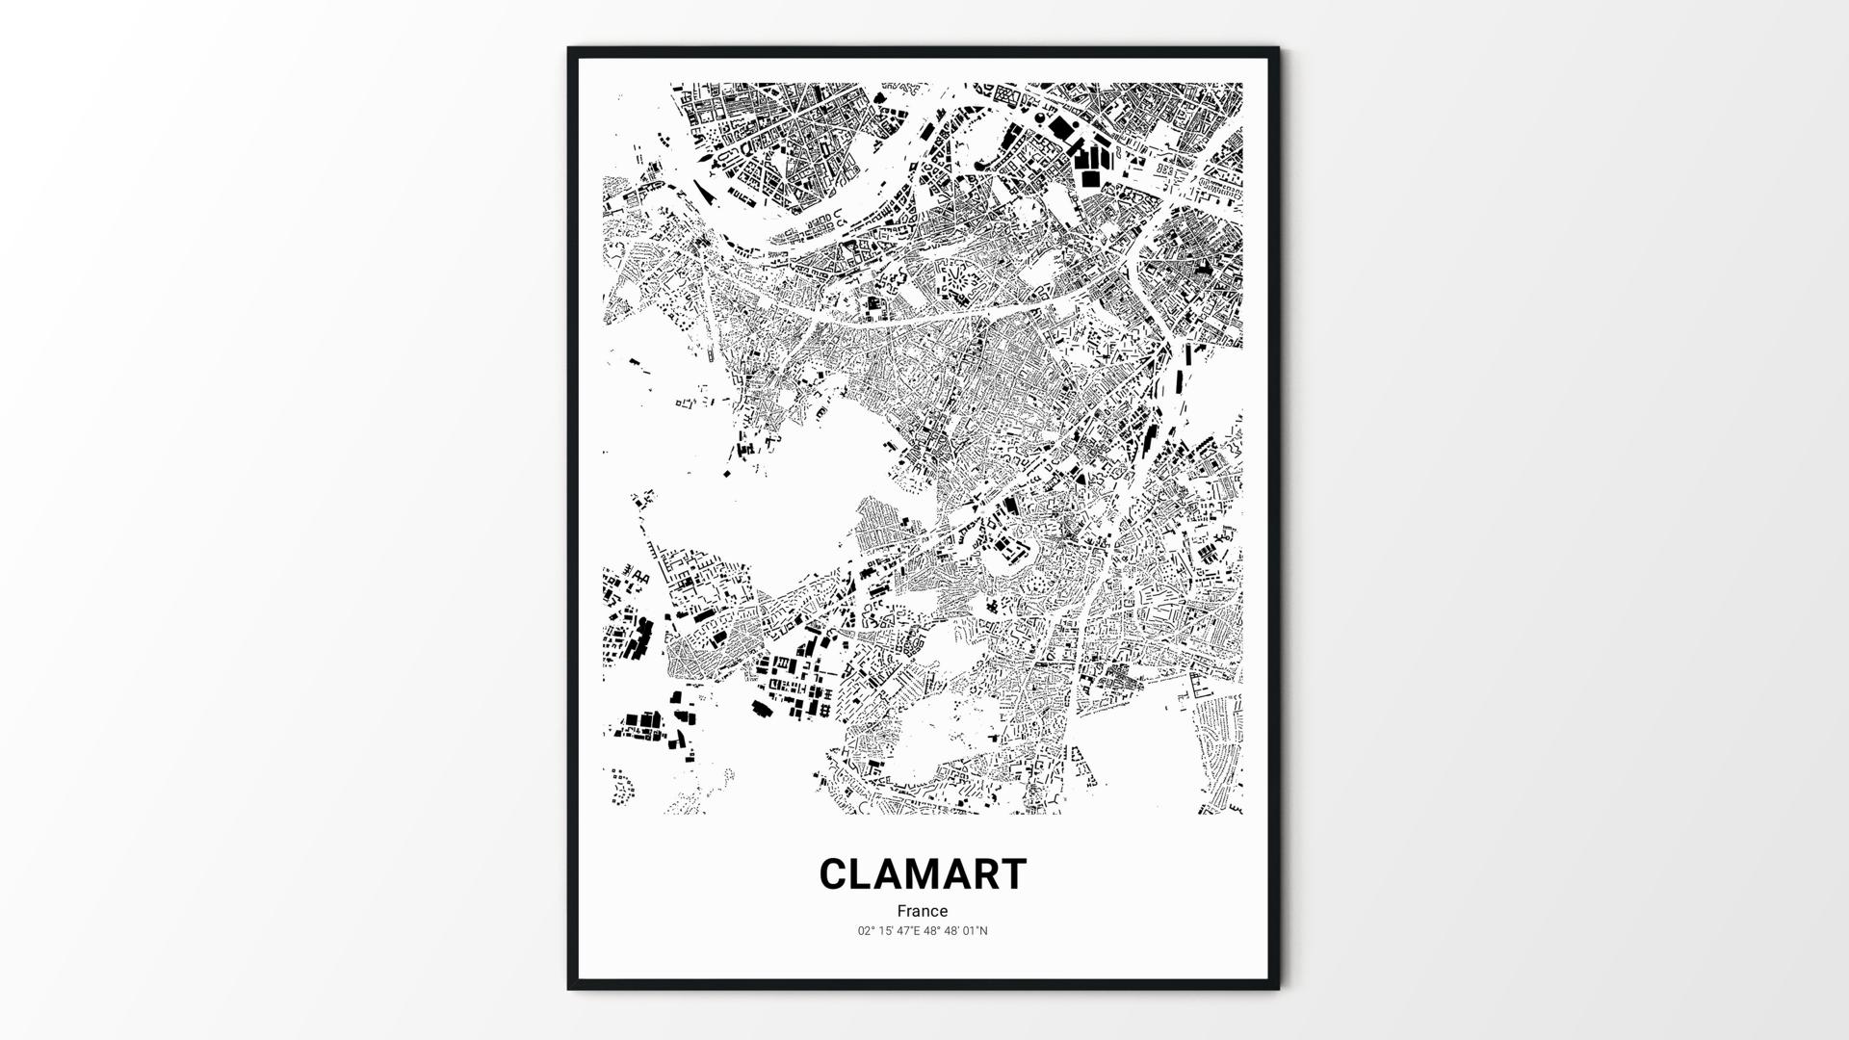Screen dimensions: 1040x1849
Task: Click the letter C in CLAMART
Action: (835, 874)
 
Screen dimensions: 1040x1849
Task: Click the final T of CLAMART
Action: (1014, 874)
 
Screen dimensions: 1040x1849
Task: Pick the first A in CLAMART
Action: (892, 874)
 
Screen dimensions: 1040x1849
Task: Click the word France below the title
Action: (923, 911)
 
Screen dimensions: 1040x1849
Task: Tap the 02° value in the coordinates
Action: (866, 931)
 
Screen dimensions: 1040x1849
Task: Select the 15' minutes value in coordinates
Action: (885, 931)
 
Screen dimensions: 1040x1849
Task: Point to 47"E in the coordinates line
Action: (908, 931)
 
